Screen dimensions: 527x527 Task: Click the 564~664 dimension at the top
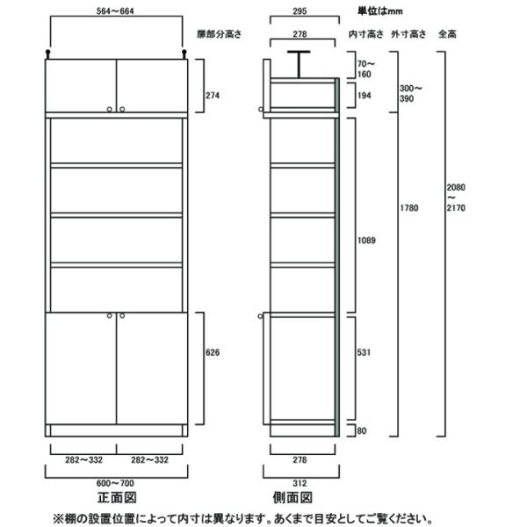click(x=116, y=11)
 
